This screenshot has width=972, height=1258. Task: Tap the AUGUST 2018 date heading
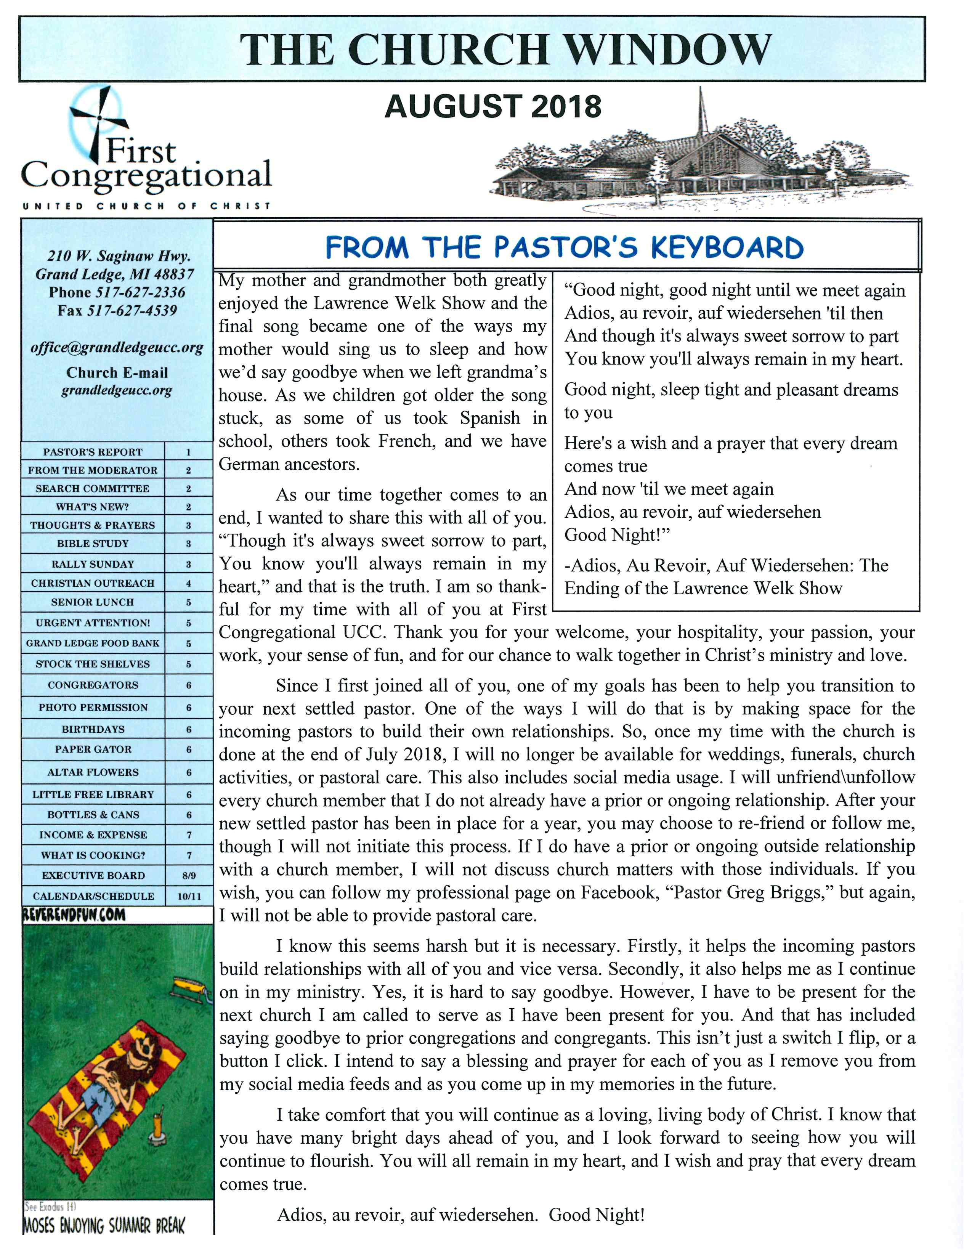tap(493, 107)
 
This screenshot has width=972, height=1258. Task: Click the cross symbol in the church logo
tap(99, 121)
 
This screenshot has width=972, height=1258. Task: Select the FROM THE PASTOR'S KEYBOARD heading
tap(564, 248)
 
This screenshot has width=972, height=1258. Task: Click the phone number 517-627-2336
tap(141, 293)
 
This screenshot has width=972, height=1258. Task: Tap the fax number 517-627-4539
tap(132, 311)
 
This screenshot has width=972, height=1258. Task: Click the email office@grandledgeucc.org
tap(117, 348)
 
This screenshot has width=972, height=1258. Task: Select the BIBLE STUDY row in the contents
tap(93, 543)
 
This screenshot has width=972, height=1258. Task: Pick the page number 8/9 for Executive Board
tap(189, 876)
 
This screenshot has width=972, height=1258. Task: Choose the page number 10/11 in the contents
tap(189, 896)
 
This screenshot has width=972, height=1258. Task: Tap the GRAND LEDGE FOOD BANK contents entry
tap(93, 643)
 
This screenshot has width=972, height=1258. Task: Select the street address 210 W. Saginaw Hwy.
tap(119, 256)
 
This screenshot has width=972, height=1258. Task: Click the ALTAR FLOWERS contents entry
tap(93, 772)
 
